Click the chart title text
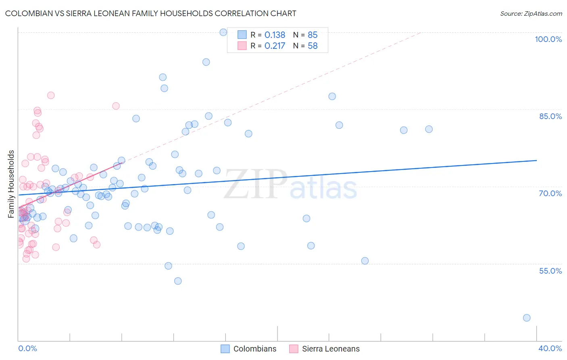coord(150,13)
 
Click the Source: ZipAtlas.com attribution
coord(531,13)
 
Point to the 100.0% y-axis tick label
coord(548,39)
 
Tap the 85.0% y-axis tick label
coord(550,116)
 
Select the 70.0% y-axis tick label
coord(550,193)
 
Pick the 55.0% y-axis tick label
coord(550,270)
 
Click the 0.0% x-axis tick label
coord(27,348)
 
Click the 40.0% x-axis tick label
coord(550,348)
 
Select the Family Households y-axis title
coord(11,184)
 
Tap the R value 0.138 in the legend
coord(275,35)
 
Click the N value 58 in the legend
coord(313,46)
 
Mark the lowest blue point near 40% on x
coord(526,318)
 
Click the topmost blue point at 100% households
coord(223,32)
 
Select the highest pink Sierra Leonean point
coord(51,95)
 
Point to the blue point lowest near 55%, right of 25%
coord(365,261)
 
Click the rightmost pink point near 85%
coord(116,106)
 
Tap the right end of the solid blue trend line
coord(536,160)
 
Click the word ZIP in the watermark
coord(254,184)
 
